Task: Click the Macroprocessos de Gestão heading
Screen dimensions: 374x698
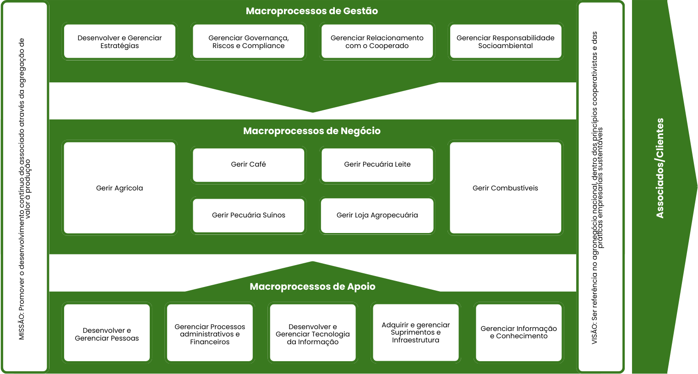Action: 312,11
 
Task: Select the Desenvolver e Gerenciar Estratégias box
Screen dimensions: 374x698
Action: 120,42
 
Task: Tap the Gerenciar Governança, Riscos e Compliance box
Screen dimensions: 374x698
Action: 248,42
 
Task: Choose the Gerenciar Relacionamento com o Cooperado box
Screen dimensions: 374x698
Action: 377,42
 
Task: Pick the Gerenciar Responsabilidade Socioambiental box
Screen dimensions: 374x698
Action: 505,42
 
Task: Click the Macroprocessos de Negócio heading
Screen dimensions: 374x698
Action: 312,131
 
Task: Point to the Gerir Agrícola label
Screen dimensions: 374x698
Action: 120,188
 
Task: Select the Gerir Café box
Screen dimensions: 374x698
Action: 248,164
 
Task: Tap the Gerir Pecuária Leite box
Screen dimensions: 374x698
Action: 377,164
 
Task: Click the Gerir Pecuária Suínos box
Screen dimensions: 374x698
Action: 248,215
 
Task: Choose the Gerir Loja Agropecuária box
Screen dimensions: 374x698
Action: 377,215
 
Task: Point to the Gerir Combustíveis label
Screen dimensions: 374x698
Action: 505,188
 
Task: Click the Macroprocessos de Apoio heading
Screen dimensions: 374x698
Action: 312,287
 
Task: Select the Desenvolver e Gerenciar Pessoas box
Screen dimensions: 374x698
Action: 107,334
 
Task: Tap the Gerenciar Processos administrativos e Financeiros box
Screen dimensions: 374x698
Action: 210,334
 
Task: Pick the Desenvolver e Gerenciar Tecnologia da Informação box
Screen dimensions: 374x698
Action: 313,334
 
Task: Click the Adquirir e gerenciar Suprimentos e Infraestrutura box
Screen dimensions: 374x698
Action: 415,332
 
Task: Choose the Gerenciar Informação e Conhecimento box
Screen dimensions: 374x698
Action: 518,332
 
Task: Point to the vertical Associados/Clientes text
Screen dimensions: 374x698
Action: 660,168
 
